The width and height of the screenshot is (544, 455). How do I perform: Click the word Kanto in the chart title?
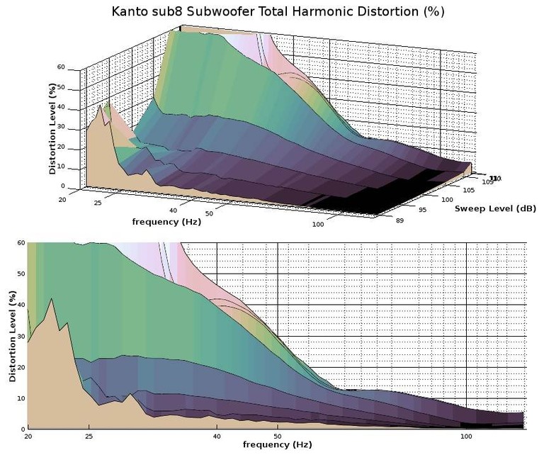tap(130, 12)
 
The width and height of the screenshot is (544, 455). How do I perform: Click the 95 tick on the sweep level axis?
tap(423, 210)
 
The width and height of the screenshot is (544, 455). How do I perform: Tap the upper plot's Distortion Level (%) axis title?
tap(52, 129)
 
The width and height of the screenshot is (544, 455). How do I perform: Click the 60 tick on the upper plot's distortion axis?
tap(62, 67)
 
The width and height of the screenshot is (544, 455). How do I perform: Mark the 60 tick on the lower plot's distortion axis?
tap(21, 242)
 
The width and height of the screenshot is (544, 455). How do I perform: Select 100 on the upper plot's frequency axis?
tap(319, 225)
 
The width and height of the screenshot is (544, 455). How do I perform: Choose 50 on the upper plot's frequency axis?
tap(210, 213)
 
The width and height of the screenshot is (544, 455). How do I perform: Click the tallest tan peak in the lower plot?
tap(51, 300)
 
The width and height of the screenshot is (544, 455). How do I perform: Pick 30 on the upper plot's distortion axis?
tap(62, 127)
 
